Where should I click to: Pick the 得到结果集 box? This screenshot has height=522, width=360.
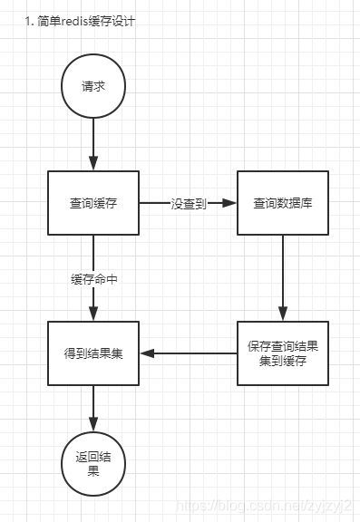click(x=93, y=353)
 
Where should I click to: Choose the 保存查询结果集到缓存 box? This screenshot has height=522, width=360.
click(x=282, y=353)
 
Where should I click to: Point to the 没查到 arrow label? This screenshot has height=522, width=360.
click(x=189, y=204)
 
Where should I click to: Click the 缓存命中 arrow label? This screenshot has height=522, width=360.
click(x=93, y=279)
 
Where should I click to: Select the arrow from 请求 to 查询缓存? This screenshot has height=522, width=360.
click(x=93, y=145)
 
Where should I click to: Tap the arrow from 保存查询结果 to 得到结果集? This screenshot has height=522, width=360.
click(x=190, y=353)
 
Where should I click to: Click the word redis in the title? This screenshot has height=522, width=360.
click(x=76, y=20)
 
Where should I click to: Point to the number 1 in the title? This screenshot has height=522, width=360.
click(x=29, y=20)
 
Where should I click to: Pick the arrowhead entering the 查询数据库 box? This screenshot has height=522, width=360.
click(x=230, y=204)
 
